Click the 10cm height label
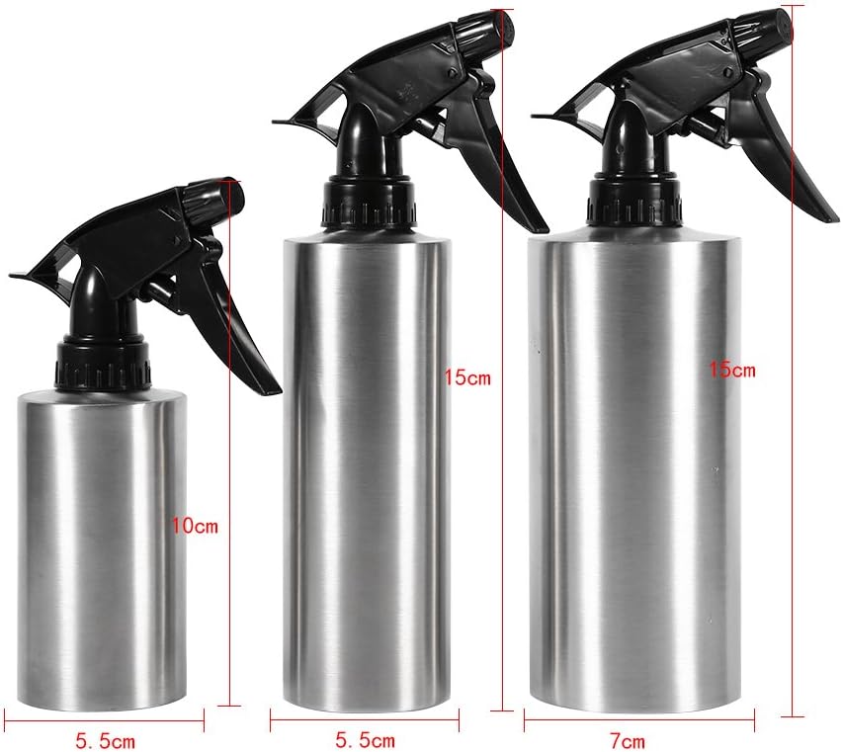click(195, 525)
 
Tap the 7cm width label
click(628, 741)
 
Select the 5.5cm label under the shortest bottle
click(106, 742)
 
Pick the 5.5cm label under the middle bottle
click(365, 741)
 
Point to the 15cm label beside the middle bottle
click(467, 377)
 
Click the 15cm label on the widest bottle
click(732, 370)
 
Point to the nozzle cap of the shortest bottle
click(211, 196)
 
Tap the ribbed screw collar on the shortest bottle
click(103, 364)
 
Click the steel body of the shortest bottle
click(102, 549)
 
